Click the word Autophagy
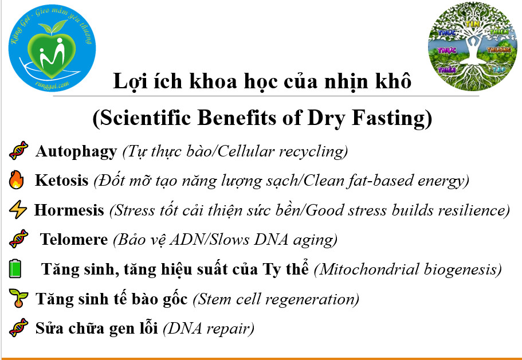(x=76, y=151)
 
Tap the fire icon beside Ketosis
(x=16, y=180)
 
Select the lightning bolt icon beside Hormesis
(x=18, y=209)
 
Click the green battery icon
(x=15, y=268)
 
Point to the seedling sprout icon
(x=18, y=298)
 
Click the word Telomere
(x=74, y=239)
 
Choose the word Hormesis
(x=69, y=210)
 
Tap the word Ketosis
(x=61, y=181)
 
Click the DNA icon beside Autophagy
(x=19, y=151)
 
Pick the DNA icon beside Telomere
(x=19, y=239)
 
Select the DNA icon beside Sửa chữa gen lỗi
(x=19, y=327)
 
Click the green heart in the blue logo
(x=52, y=55)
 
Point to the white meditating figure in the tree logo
(x=472, y=50)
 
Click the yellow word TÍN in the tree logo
(x=472, y=24)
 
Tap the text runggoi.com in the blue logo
(x=52, y=85)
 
